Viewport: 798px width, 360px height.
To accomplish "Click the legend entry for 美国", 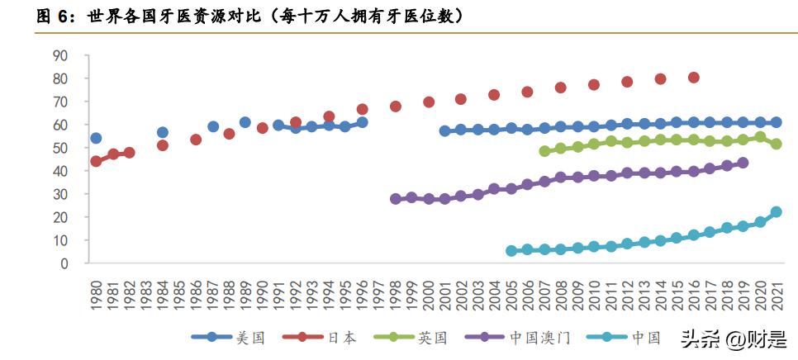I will coord(228,337).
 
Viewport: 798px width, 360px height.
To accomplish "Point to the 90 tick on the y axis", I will coord(82,56).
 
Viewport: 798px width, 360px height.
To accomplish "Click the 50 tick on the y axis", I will coord(82,148).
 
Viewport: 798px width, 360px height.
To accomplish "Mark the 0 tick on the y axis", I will coord(86,263).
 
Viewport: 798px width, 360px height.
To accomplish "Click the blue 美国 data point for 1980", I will coord(96,138).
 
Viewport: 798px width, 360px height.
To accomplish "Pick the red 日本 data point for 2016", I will coord(693,78).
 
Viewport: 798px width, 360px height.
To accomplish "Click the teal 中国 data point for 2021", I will coord(776,212).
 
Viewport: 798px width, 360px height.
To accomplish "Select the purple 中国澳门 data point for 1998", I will coord(396,199).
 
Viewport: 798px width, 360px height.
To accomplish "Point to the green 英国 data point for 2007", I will coord(544,151).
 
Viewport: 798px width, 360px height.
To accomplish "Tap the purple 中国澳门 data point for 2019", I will coord(743,163).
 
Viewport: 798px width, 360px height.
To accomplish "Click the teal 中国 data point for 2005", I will coord(511,250).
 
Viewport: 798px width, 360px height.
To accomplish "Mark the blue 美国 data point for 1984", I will coord(163,132).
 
